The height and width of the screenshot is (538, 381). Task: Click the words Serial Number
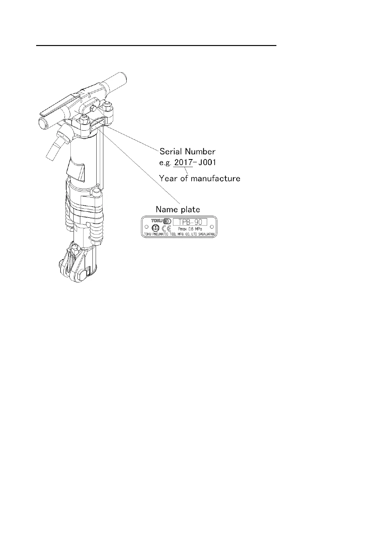(187, 151)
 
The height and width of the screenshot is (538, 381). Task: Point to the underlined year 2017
(183, 162)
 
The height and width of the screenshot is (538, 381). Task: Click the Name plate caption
(178, 210)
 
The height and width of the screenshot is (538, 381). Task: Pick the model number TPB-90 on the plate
(190, 222)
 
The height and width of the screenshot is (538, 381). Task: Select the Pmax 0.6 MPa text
(190, 229)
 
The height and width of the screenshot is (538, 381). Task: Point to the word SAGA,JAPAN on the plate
(208, 234)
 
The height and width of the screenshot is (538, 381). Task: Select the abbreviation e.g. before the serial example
(165, 163)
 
